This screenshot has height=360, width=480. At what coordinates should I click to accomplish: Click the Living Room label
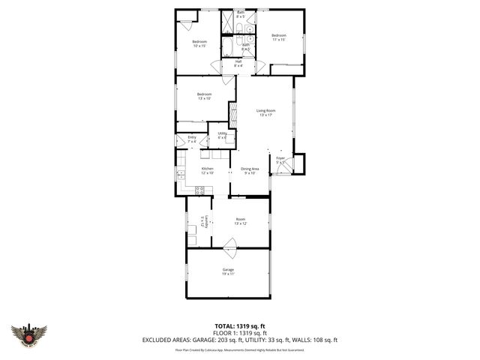(x=265, y=112)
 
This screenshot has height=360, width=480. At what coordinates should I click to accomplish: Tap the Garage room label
(x=228, y=271)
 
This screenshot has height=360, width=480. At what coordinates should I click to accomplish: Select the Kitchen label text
(x=208, y=170)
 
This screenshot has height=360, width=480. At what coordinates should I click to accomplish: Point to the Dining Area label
(x=250, y=170)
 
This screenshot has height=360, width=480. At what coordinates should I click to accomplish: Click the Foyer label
(x=280, y=160)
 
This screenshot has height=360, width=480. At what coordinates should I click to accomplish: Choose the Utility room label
(x=222, y=135)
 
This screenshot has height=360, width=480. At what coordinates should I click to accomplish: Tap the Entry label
(x=192, y=139)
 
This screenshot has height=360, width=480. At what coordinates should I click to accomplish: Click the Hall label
(x=238, y=63)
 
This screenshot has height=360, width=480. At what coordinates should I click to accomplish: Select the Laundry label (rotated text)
(x=202, y=222)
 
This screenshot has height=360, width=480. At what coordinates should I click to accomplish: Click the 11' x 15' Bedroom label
(x=279, y=37)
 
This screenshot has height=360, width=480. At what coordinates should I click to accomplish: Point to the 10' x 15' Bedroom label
(x=199, y=43)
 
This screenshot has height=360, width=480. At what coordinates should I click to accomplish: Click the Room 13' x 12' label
(x=240, y=221)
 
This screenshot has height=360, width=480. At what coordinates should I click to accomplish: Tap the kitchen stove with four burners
(x=200, y=188)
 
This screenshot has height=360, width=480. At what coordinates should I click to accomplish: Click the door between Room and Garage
(x=229, y=243)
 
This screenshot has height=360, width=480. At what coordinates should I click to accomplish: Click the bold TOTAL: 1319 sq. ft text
(x=239, y=325)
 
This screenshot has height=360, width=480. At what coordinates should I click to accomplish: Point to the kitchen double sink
(x=180, y=175)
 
